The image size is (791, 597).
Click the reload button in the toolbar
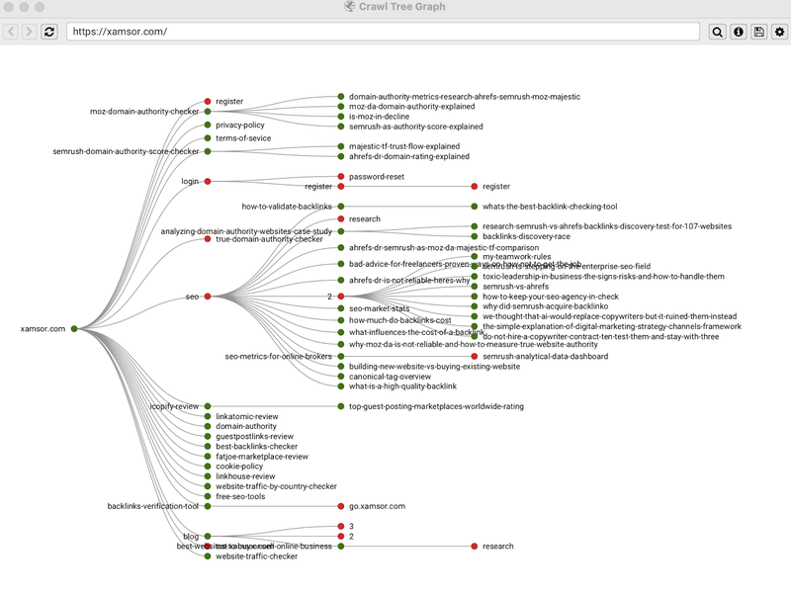(x=49, y=32)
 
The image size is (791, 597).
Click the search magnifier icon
(x=718, y=32)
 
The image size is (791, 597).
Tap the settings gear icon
(x=780, y=32)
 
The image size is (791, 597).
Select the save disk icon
(x=759, y=32)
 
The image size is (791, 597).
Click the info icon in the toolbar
(x=739, y=32)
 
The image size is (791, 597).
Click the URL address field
(x=386, y=32)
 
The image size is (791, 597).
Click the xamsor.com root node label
(x=43, y=328)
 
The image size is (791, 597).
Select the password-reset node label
(x=376, y=176)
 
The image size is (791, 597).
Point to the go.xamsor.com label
(x=377, y=506)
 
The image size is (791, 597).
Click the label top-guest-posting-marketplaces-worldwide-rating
(x=436, y=406)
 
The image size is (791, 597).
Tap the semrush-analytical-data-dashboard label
(x=545, y=356)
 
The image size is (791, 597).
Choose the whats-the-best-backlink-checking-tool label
(x=550, y=207)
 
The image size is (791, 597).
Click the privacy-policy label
(x=240, y=126)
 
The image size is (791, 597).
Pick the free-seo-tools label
(x=240, y=496)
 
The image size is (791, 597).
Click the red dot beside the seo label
(x=208, y=297)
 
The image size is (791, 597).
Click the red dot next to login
(x=208, y=181)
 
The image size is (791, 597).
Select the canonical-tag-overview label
(x=390, y=377)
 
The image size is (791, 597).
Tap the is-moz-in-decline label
(x=379, y=117)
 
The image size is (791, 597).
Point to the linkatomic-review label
(x=247, y=416)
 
